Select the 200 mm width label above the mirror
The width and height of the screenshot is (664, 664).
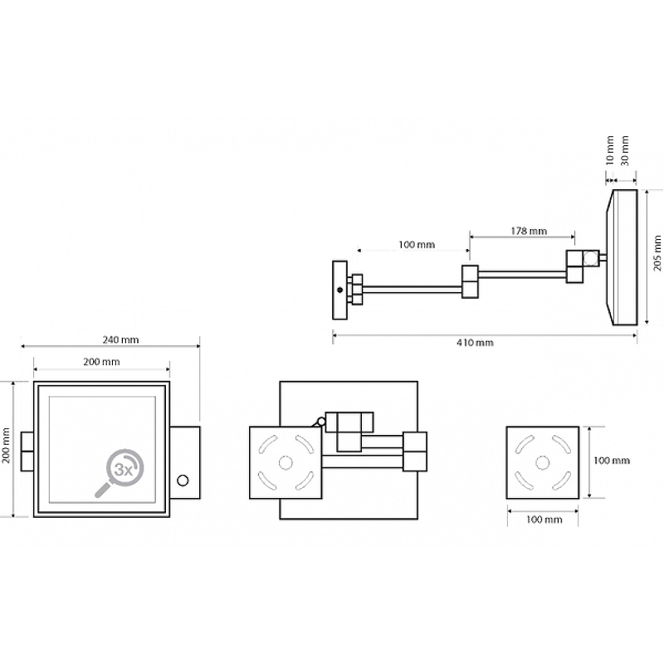click(100, 361)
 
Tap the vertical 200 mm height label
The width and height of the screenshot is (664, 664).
click(7, 449)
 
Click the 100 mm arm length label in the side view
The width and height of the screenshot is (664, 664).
click(416, 244)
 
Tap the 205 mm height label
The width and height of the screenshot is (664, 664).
click(657, 256)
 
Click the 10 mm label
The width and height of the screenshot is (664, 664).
click(610, 151)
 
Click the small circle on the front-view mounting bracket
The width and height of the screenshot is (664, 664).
click(183, 479)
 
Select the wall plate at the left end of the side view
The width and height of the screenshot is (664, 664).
click(339, 290)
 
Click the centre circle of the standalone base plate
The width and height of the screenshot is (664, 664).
click(541, 462)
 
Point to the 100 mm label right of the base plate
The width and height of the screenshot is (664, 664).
click(612, 461)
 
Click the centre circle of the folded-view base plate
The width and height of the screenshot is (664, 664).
click(286, 462)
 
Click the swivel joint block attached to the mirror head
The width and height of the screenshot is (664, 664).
click(581, 266)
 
